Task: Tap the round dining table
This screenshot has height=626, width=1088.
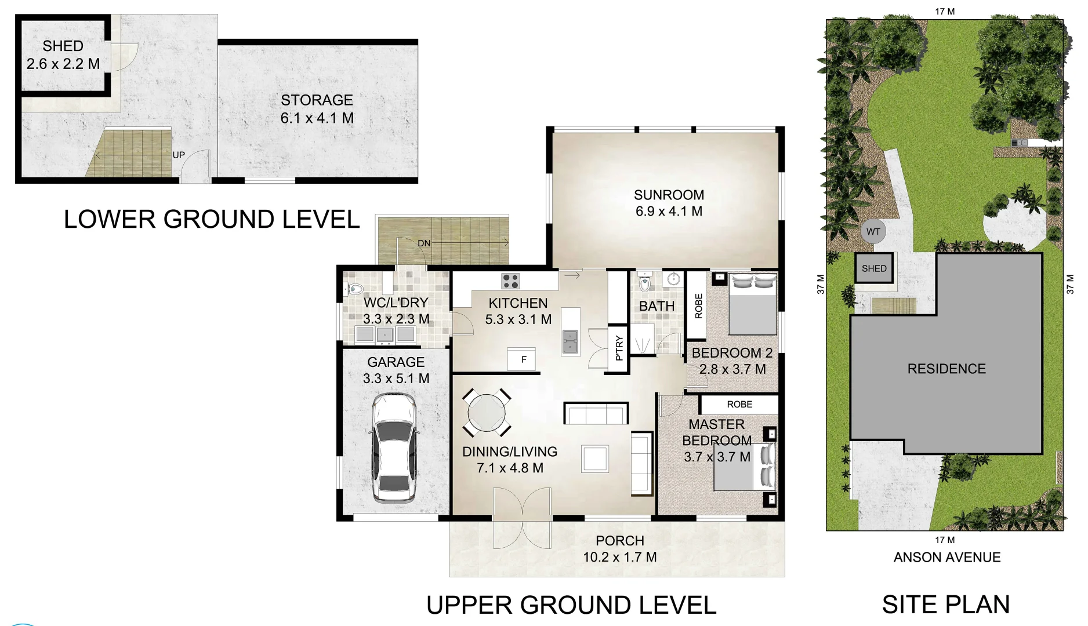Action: (x=487, y=413)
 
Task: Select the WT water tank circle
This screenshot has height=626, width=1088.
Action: (x=873, y=232)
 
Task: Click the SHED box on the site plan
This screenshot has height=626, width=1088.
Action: (x=874, y=268)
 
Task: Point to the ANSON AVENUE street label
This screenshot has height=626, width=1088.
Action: (x=947, y=557)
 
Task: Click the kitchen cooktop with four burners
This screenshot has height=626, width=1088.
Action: (x=510, y=281)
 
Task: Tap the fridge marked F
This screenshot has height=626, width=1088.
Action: (x=521, y=359)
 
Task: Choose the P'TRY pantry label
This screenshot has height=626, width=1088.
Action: (x=619, y=348)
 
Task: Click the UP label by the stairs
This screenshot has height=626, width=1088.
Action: (x=179, y=155)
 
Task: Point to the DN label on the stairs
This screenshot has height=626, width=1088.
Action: (x=424, y=243)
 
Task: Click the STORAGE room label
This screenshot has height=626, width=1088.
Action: (x=317, y=100)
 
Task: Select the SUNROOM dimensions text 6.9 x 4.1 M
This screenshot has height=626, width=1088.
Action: (x=669, y=212)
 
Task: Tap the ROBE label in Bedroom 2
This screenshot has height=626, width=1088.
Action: (x=698, y=305)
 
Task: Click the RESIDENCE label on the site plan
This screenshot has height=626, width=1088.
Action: (x=946, y=369)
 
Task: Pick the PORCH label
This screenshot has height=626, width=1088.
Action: (x=619, y=541)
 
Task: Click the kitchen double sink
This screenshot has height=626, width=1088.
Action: (x=570, y=343)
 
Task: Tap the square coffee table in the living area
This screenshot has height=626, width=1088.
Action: (x=595, y=459)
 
